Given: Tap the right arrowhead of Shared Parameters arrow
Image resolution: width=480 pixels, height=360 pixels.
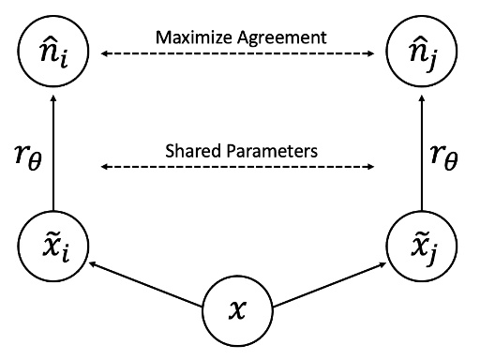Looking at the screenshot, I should point(371,168).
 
